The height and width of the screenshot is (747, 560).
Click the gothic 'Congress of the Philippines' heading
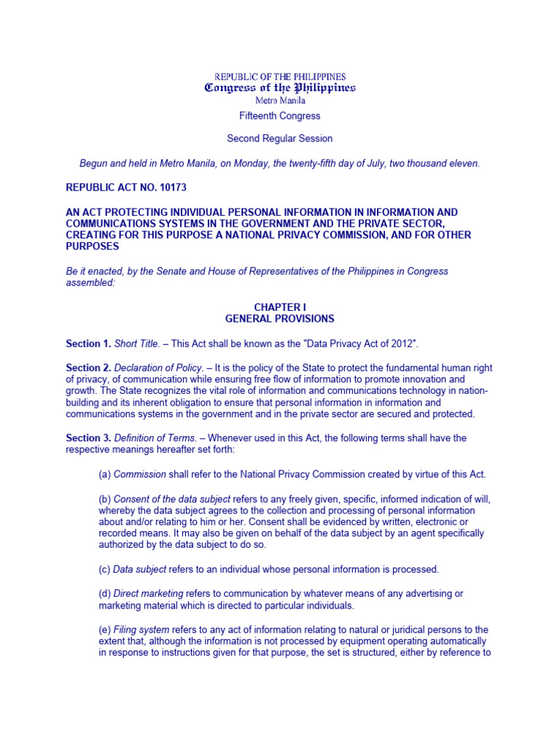(280, 88)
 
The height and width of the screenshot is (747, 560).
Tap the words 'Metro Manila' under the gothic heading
(280, 101)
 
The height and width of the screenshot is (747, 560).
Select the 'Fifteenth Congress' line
(280, 116)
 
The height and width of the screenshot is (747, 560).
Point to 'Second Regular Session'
(280, 139)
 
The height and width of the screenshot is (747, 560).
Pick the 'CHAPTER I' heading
(280, 308)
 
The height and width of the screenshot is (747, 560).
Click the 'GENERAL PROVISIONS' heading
(280, 319)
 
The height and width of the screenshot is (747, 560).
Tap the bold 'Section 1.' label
(88, 344)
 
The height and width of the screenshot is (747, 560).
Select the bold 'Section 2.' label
(88, 368)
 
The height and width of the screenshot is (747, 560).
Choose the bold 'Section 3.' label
(88, 438)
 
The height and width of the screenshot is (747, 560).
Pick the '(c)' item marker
(105, 569)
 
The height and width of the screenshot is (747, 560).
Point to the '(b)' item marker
(105, 499)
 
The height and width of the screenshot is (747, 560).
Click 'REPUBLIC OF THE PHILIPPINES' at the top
(280, 77)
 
